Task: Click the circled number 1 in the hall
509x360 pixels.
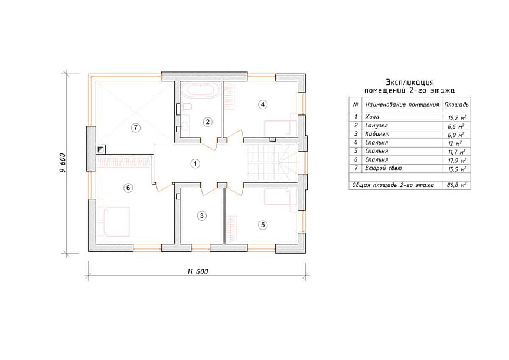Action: (x=195, y=164)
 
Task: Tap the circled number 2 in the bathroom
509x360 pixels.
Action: (x=207, y=122)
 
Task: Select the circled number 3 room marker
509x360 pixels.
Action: (x=201, y=215)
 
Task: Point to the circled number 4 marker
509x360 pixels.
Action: (x=263, y=104)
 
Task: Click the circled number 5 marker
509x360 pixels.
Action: (x=263, y=225)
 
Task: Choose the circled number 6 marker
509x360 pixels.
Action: (x=128, y=188)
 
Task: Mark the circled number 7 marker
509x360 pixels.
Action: (x=135, y=128)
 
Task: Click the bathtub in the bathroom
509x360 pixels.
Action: (x=201, y=91)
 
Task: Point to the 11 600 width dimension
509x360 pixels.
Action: (x=197, y=271)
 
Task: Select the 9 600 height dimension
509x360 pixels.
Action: (x=63, y=162)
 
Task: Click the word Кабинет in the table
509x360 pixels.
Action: (x=377, y=134)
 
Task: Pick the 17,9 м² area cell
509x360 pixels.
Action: (x=456, y=161)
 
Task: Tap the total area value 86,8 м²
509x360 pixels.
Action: (x=456, y=185)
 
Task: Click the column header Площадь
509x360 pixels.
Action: (x=456, y=105)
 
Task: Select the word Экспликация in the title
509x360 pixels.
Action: (x=410, y=83)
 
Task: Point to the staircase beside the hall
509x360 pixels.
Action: (x=273, y=162)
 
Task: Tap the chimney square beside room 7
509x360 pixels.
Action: (x=100, y=149)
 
